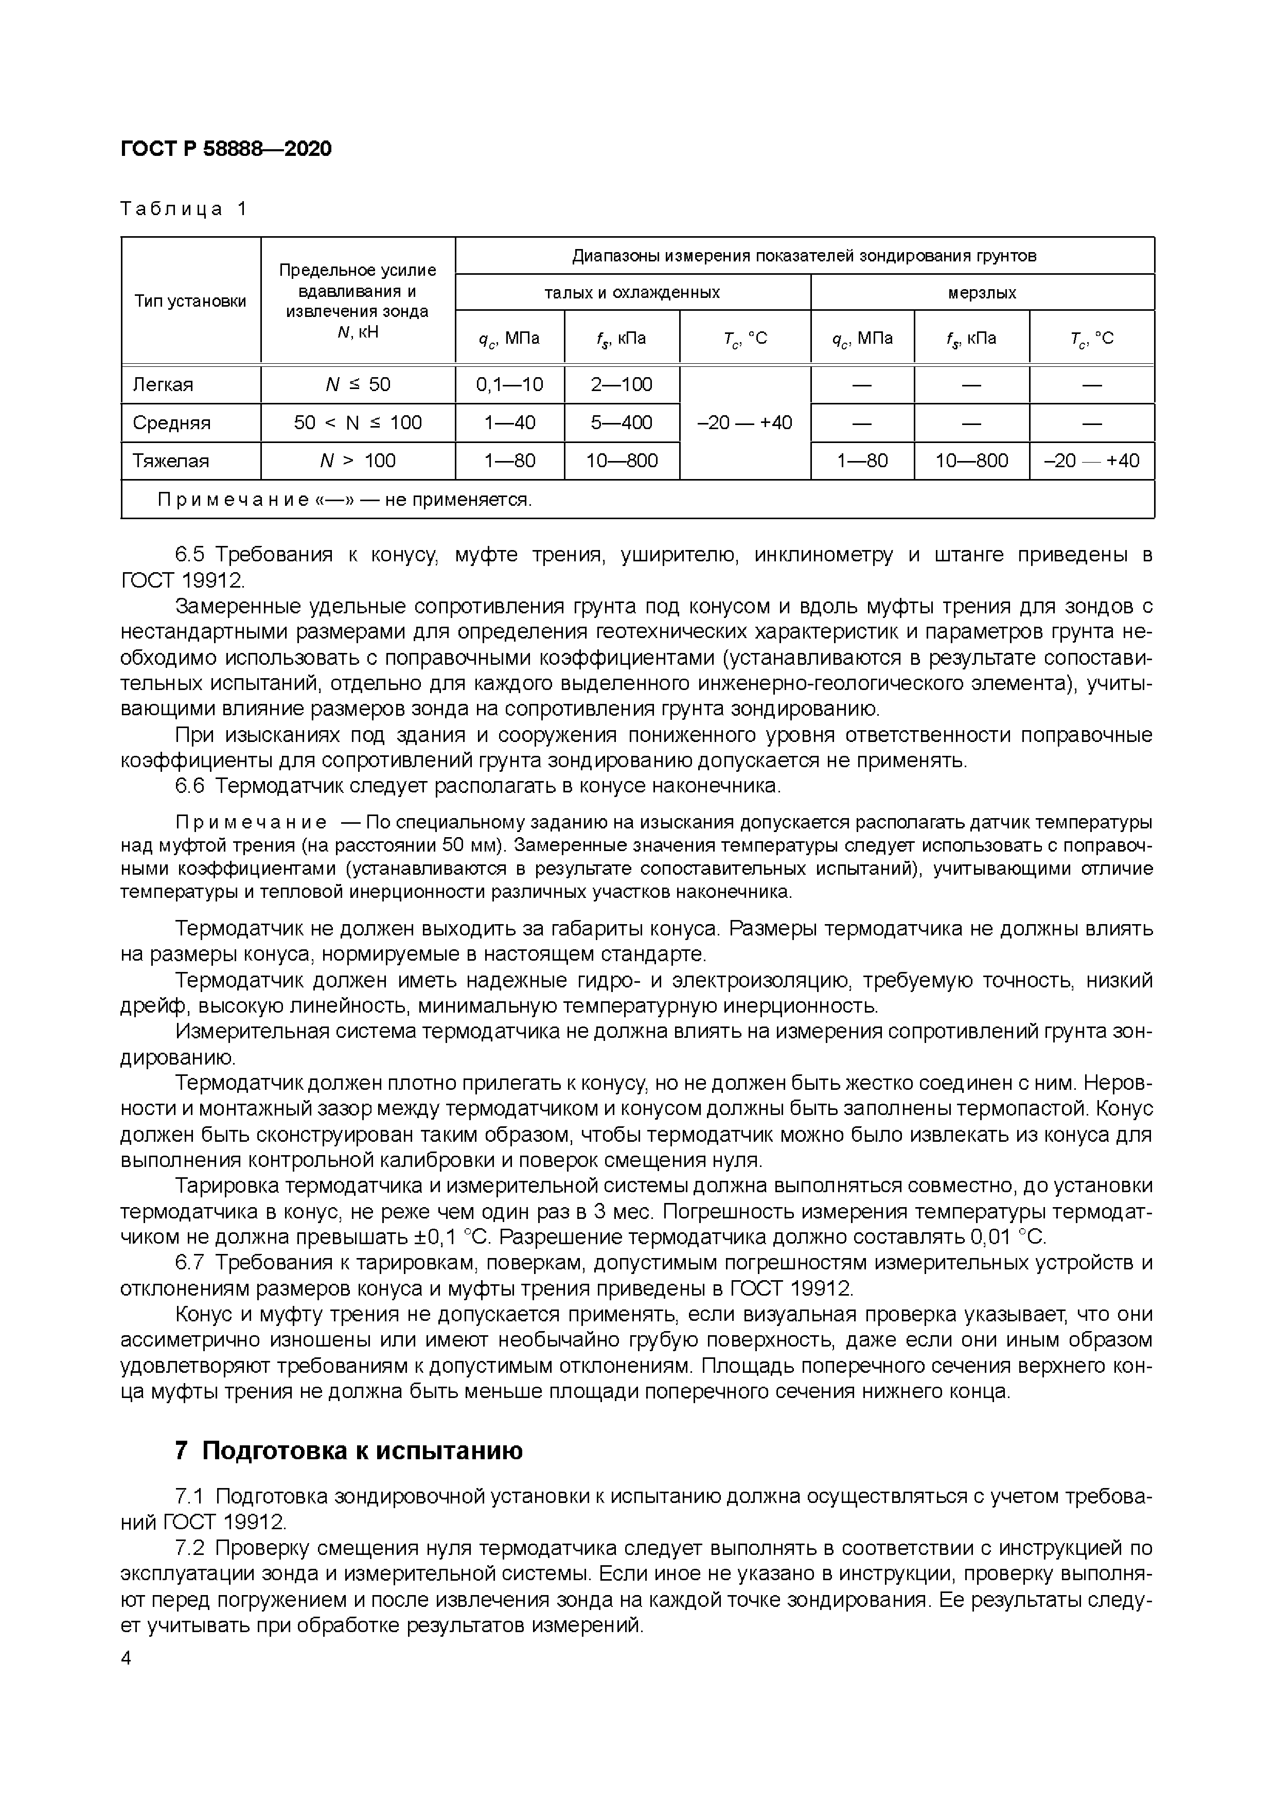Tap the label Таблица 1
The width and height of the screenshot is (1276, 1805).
[184, 209]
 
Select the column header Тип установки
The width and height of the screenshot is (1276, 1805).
[190, 301]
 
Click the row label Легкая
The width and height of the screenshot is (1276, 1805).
[163, 384]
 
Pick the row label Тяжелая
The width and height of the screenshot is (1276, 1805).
[171, 461]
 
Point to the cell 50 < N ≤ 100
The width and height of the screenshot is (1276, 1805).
[358, 423]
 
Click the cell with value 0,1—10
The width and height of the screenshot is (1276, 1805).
[509, 384]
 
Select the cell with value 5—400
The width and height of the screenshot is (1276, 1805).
[621, 423]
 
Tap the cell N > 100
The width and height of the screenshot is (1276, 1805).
[358, 461]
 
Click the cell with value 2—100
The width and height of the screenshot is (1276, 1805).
[621, 384]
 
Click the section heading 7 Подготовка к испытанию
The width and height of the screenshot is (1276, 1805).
[348, 1451]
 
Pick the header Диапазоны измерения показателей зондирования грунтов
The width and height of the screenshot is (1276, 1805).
[804, 256]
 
